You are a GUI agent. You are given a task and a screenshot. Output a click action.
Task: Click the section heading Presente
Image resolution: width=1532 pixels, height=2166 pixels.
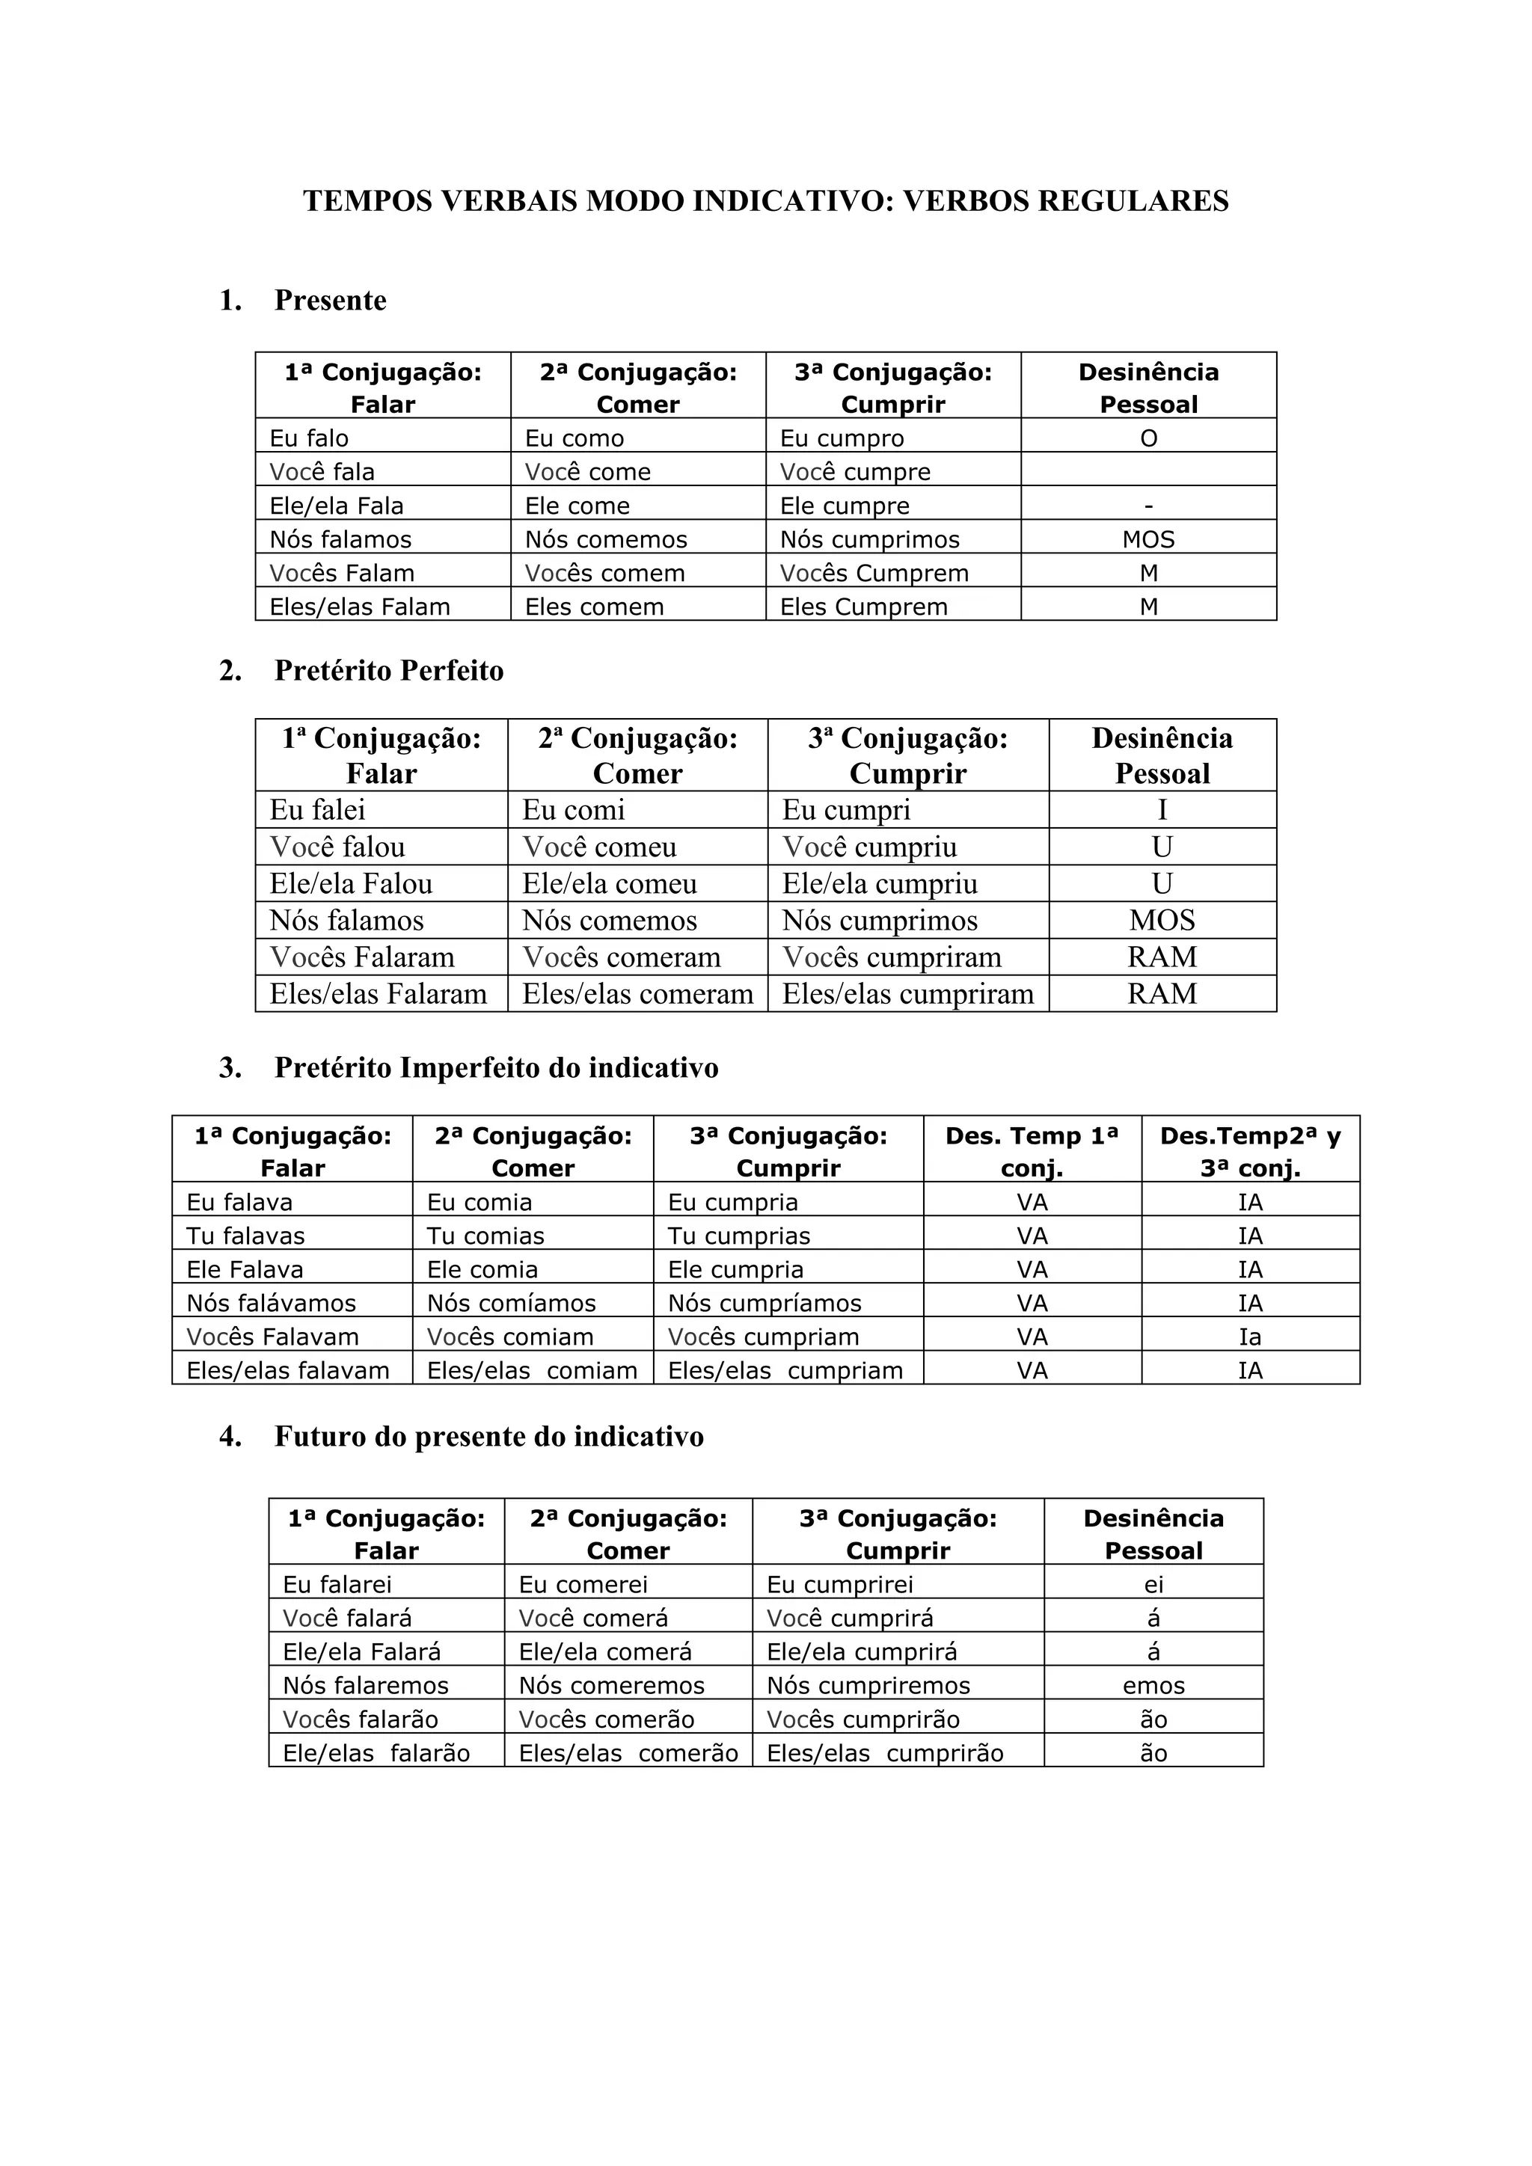330,300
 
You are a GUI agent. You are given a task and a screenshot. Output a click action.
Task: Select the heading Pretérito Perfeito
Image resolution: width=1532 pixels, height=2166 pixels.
389,671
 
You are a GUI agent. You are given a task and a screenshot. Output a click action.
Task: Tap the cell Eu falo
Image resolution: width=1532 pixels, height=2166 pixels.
310,439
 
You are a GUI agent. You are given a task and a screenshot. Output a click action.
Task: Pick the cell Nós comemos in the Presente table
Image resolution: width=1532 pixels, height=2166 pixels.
606,539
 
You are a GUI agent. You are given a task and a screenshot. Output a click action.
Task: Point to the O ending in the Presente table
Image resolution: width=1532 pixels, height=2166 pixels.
1148,439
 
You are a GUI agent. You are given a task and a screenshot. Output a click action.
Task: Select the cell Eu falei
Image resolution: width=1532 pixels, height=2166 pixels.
318,810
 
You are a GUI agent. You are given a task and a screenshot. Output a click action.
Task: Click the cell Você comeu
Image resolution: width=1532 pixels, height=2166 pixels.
600,847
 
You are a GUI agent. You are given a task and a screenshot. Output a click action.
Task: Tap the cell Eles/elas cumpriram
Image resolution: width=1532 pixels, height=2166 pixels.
907,994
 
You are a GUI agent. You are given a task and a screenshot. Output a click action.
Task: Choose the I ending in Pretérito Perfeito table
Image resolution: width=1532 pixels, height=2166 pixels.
1162,810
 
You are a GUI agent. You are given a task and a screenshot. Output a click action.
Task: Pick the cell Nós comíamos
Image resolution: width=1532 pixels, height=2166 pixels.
512,1304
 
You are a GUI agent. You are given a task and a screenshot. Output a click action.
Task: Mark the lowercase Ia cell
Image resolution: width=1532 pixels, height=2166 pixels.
1250,1338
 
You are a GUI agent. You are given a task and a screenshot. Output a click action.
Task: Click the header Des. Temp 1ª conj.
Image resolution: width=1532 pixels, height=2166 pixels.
1032,1152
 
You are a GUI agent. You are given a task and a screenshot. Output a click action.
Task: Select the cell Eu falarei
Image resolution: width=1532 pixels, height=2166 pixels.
337,1585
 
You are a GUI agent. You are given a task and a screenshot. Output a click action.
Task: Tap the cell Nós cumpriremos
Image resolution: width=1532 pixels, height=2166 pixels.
868,1686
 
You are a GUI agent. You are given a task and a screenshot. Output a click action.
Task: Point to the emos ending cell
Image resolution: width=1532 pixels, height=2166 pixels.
1153,1686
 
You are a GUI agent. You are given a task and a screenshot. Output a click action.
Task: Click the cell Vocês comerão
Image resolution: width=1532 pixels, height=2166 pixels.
607,1719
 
